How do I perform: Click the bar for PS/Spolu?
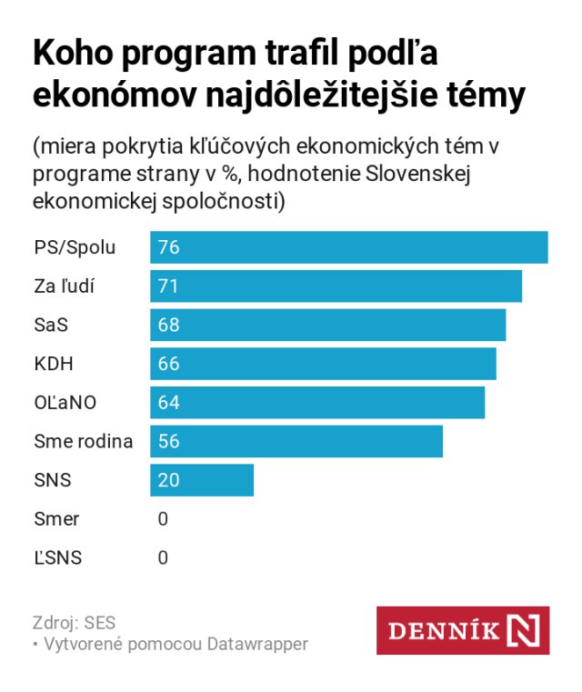point(349,247)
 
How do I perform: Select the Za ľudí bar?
point(336,286)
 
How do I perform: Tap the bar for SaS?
point(328,325)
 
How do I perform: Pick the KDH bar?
point(324,364)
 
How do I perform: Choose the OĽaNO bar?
point(317,402)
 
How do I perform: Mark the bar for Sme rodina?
point(296,441)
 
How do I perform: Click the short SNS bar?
point(202,479)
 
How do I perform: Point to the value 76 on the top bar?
point(168,247)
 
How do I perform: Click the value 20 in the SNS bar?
point(168,479)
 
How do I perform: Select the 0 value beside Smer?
point(163,519)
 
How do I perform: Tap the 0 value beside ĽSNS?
point(163,557)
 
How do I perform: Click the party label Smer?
point(56,519)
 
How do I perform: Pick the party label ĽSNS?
point(57,557)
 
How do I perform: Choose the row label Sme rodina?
point(83,442)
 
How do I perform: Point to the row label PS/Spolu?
point(75,247)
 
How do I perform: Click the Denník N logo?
point(463,630)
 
